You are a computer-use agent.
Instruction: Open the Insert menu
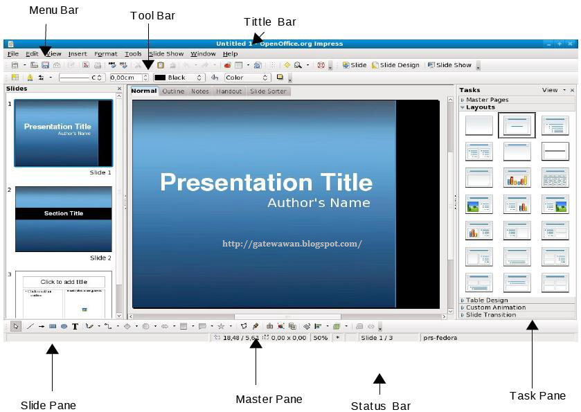pos(78,53)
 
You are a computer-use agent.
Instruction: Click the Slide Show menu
pos(166,53)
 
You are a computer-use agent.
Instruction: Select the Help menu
pos(230,53)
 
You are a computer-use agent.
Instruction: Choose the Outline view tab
pos(173,91)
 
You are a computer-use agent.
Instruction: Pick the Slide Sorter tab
pos(267,91)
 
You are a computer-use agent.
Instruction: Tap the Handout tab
pos(229,91)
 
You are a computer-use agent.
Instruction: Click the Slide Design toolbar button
pos(396,65)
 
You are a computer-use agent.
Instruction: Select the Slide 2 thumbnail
pos(63,219)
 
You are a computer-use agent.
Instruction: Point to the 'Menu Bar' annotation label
pos(54,10)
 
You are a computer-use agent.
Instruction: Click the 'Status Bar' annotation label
pos(380,406)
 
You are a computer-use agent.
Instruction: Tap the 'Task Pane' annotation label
pos(537,395)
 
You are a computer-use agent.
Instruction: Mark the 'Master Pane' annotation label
pos(269,399)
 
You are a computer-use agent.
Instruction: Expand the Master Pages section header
pos(488,100)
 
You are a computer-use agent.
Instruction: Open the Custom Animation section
pos(495,307)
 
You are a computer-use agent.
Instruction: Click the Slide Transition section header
pos(491,314)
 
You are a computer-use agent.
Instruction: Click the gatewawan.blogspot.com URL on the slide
pos(292,244)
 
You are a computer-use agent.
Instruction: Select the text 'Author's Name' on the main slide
pos(319,203)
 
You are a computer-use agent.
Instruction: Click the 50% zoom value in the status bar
pos(320,337)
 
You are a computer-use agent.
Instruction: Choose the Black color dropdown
pos(178,78)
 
